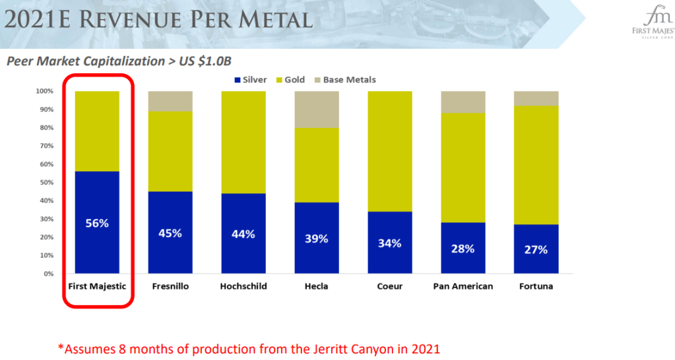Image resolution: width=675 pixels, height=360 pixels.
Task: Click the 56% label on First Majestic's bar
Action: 97,223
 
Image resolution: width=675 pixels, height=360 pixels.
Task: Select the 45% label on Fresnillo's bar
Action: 170,233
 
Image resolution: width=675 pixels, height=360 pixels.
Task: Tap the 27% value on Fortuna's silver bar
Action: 536,250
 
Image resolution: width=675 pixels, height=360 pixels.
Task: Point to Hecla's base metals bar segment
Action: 316,109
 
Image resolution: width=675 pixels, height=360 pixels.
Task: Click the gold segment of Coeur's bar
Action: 389,151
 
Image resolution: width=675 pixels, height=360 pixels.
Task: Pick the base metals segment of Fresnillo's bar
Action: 170,101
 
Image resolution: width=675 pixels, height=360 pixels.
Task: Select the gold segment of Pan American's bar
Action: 463,167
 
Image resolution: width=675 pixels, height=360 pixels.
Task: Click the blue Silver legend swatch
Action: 238,80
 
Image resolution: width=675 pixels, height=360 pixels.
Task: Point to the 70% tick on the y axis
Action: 48,146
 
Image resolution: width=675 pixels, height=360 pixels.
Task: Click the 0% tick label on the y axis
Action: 49,274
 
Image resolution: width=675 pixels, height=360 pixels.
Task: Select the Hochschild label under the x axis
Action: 243,287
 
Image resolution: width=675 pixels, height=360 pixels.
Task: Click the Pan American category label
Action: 463,287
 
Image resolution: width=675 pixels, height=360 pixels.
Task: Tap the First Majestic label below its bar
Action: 97,287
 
